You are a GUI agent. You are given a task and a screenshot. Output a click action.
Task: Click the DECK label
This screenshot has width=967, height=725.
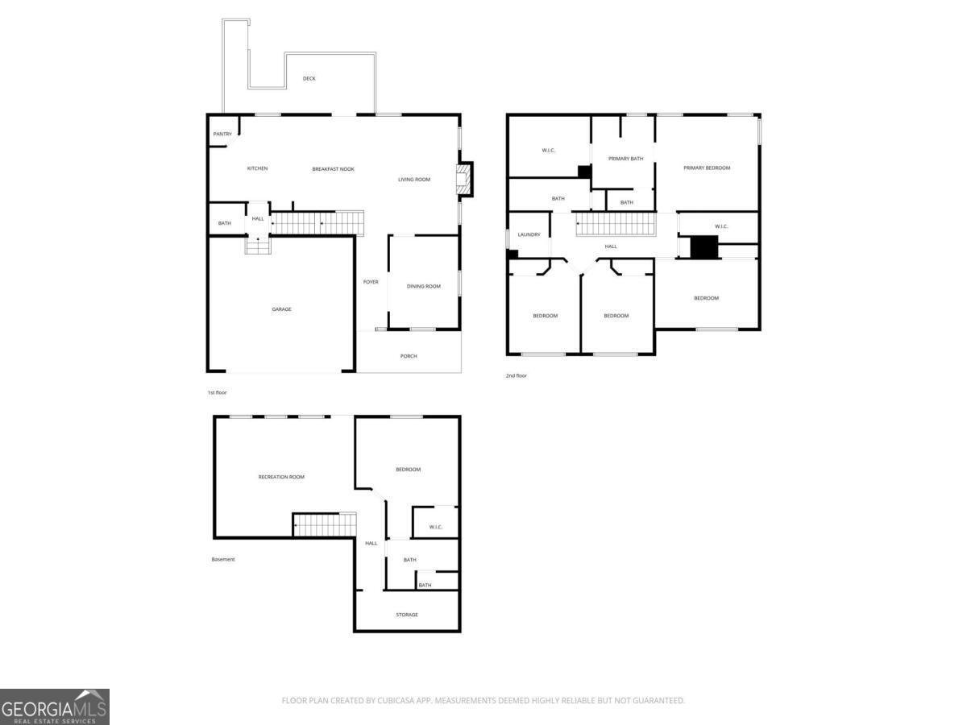[x=309, y=78]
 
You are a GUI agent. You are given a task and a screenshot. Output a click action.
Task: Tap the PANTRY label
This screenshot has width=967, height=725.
[x=222, y=134]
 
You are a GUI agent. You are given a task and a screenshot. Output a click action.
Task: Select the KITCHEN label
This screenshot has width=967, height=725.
[x=257, y=168]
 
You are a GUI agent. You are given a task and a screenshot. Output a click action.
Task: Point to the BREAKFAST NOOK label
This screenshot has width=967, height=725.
[x=333, y=169]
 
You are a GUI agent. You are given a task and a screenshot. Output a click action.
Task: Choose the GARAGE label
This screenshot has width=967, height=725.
[x=281, y=309]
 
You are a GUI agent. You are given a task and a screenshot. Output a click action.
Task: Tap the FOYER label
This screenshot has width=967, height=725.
[x=371, y=282]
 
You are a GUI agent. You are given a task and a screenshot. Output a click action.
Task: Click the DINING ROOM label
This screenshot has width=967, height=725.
[x=423, y=286]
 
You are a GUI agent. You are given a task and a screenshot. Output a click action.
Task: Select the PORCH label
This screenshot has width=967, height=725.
[x=409, y=356]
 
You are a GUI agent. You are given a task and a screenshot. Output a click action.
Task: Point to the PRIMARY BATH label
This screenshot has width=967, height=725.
[x=625, y=159]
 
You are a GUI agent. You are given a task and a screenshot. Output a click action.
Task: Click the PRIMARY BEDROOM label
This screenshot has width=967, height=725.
[x=707, y=168]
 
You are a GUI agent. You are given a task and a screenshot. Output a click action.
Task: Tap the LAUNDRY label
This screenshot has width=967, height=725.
[x=529, y=234]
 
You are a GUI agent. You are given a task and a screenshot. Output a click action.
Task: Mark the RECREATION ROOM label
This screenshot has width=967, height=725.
[x=281, y=477]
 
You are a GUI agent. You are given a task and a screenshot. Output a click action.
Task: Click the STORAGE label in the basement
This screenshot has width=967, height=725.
[x=407, y=615]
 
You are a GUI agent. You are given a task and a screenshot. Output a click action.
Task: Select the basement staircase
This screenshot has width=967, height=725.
[x=325, y=524]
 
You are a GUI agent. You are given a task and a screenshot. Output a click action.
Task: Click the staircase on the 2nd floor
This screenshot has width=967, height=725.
[x=616, y=224]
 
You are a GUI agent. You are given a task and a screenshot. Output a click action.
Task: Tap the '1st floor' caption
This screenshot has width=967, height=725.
[x=218, y=392]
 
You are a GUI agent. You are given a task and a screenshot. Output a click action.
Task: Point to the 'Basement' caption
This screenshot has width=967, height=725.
[x=223, y=560]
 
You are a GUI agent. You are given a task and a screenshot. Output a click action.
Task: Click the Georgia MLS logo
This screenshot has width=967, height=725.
[x=55, y=706]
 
